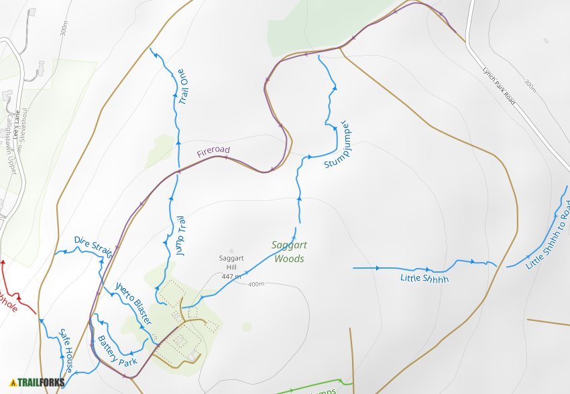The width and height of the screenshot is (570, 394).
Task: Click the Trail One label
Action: tap(182, 86)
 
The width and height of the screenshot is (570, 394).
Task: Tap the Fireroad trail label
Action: tap(213, 152)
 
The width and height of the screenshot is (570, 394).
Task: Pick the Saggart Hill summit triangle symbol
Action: tap(232, 250)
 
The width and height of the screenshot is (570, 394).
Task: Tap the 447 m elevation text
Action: tap(231, 276)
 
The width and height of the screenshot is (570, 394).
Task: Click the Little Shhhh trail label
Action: tap(424, 278)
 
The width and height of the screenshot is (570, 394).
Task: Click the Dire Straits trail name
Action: tap(93, 247)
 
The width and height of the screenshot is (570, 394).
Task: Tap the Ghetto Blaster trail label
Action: tap(133, 302)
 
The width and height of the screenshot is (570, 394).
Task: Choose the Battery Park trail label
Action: tap(117, 350)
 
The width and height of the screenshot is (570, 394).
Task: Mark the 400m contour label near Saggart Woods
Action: tap(255, 285)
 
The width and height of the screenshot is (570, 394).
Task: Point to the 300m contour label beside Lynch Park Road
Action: tap(530, 85)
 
